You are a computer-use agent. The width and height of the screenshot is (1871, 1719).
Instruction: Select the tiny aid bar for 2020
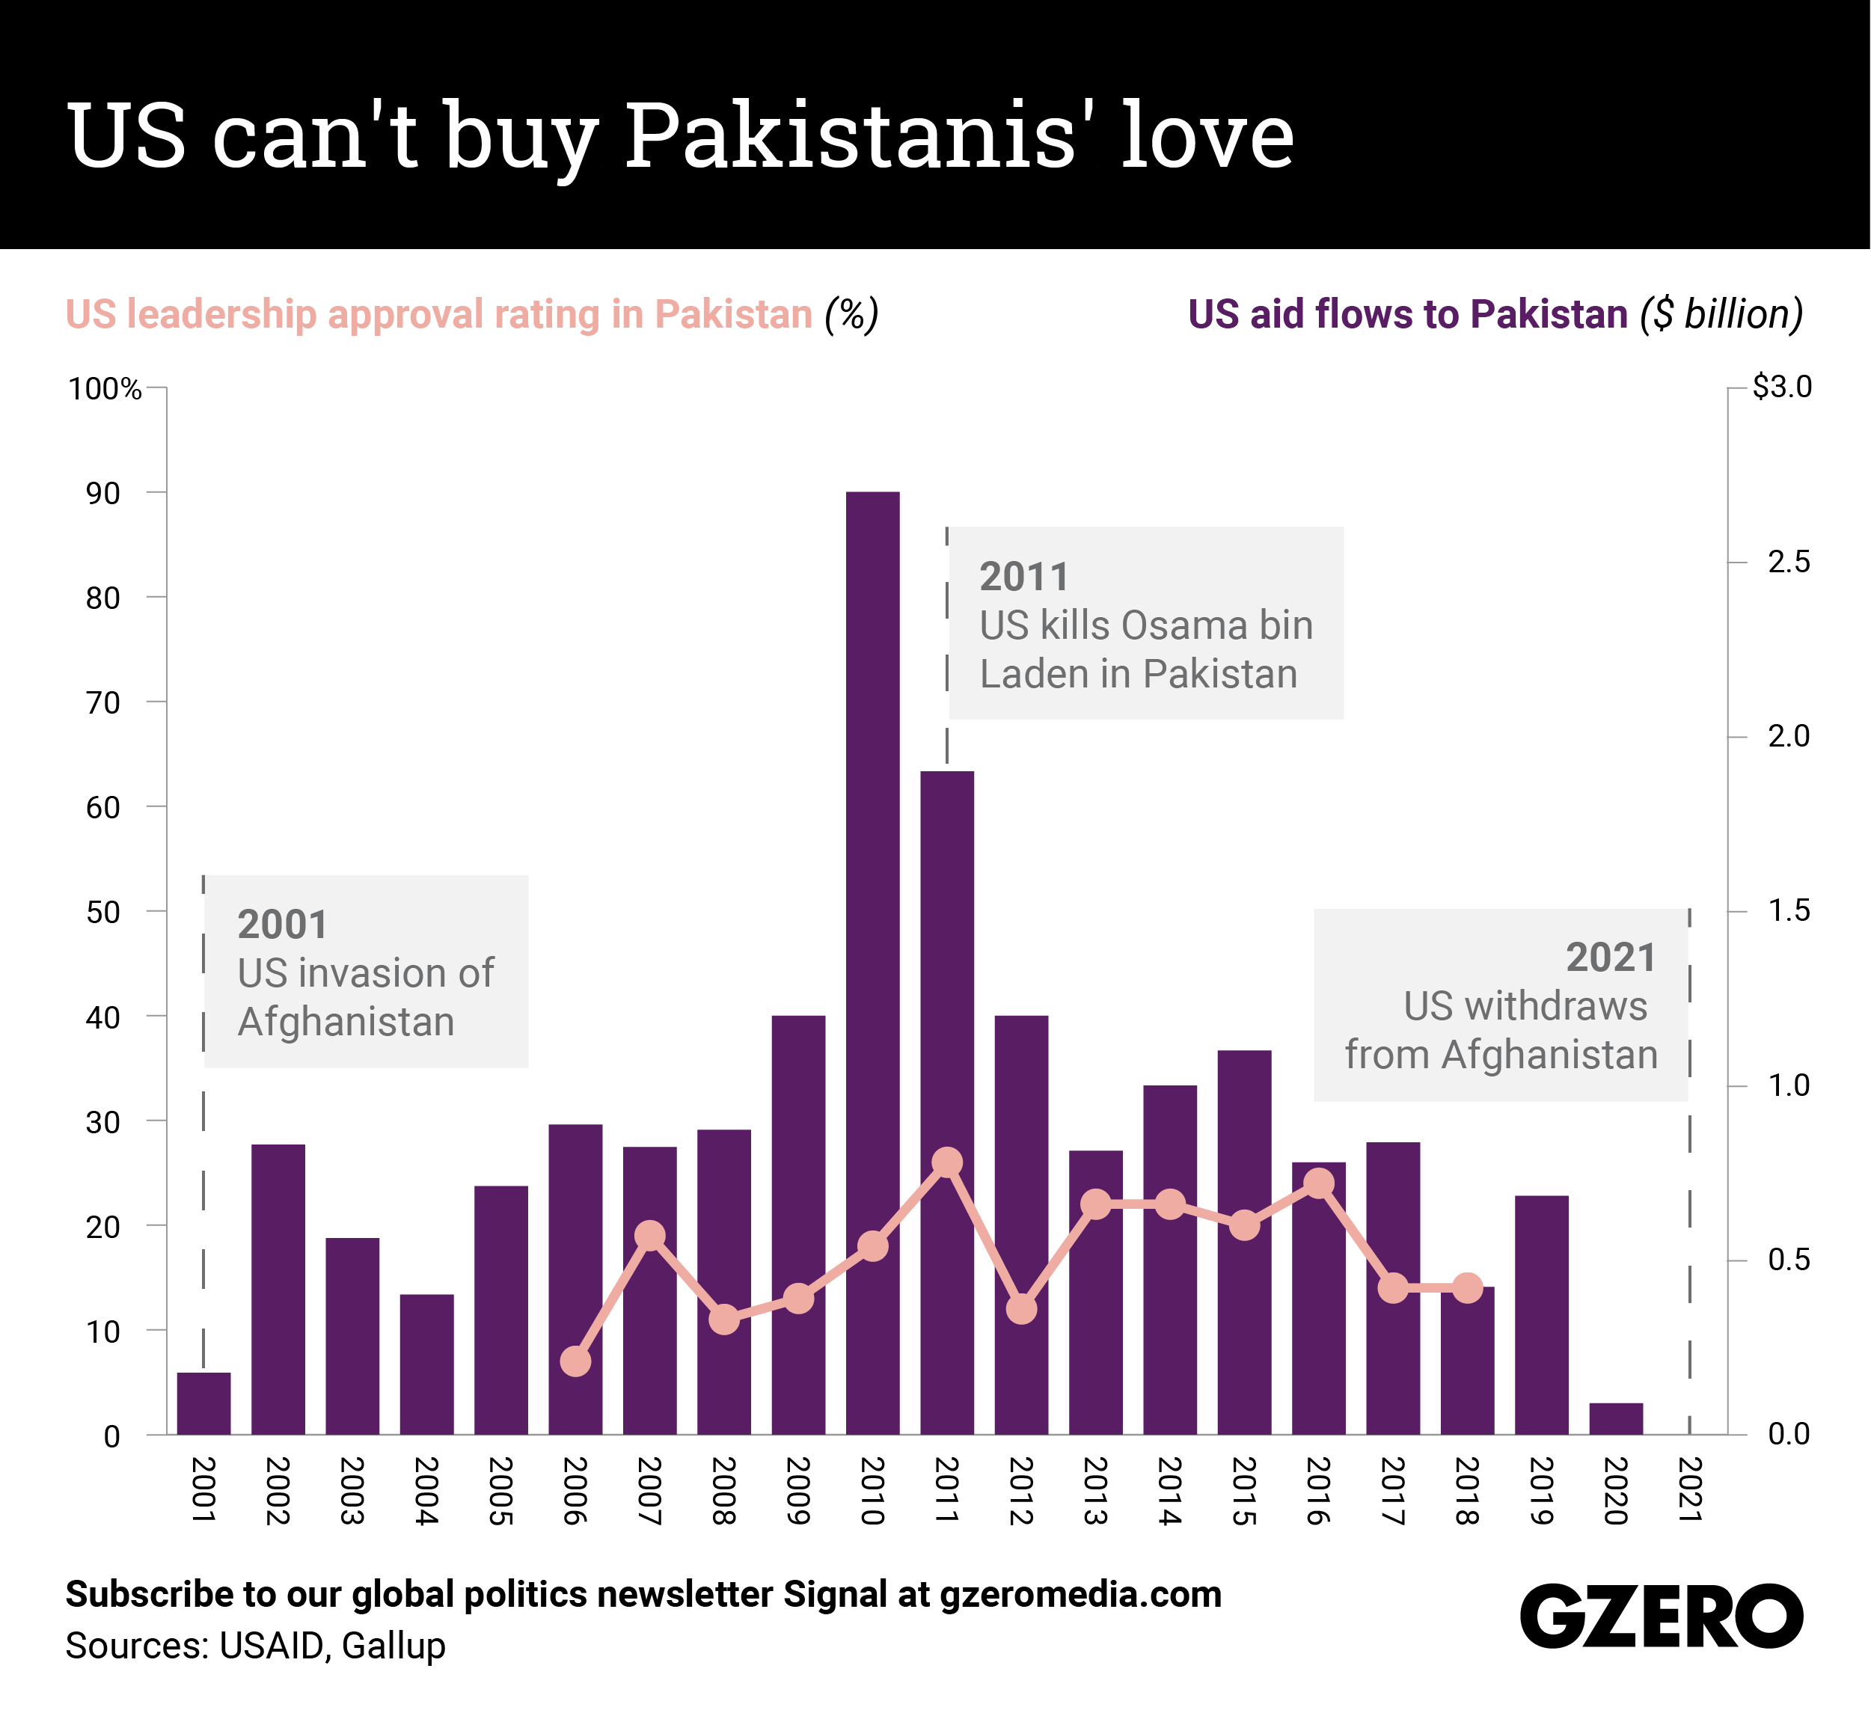point(1616,1418)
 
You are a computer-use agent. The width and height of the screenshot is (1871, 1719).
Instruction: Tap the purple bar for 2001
point(203,1403)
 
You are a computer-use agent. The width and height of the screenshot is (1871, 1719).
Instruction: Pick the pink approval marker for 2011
point(947,1162)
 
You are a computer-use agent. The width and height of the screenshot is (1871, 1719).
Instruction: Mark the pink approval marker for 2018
point(1467,1288)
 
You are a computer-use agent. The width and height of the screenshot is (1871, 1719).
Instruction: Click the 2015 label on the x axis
point(1244,1491)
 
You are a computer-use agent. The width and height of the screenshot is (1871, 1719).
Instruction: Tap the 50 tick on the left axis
point(103,913)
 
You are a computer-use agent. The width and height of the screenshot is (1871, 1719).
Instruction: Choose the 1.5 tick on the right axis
point(1787,910)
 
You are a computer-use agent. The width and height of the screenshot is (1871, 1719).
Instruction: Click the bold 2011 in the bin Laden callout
point(1023,577)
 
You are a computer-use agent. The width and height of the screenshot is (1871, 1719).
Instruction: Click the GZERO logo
point(1662,1616)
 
